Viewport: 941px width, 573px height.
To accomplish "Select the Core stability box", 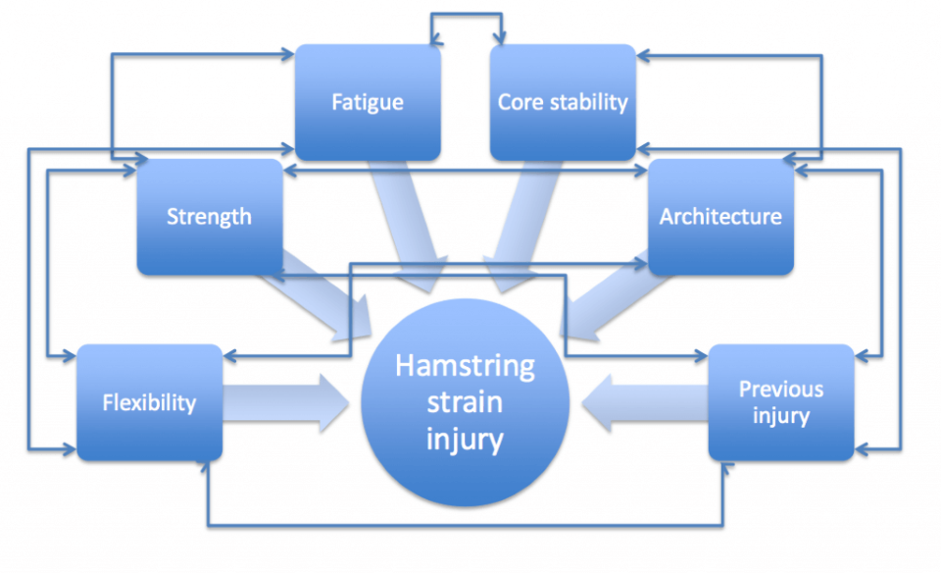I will [x=563, y=102].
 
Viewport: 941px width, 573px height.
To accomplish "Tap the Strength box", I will [x=209, y=217].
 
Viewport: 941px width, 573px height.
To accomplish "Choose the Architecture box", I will [x=720, y=217].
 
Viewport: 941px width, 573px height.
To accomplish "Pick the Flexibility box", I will [x=149, y=402].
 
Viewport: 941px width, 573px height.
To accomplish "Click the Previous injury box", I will [x=780, y=402].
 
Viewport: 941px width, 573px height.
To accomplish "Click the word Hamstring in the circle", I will [x=466, y=367].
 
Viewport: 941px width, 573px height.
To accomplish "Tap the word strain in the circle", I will [x=466, y=402].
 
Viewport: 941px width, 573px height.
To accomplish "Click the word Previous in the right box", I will [x=781, y=390].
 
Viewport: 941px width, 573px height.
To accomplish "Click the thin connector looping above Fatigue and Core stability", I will [x=467, y=15].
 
